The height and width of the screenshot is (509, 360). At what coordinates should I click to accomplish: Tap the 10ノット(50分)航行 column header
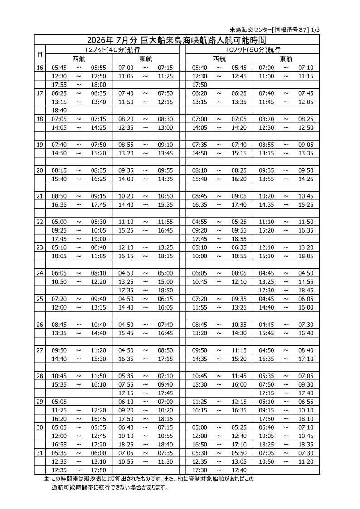[x=253, y=49]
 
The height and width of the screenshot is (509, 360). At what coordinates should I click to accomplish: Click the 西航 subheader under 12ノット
[x=79, y=59]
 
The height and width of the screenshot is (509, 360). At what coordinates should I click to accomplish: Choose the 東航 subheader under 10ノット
[x=286, y=59]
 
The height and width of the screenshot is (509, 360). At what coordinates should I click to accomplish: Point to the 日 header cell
[x=39, y=54]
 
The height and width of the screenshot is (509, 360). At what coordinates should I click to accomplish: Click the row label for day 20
[x=39, y=170]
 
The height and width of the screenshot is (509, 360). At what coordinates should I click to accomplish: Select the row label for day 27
[x=39, y=350]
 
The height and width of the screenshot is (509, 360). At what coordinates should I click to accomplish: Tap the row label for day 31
[x=39, y=453]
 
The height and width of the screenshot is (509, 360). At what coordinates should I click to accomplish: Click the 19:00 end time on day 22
[x=98, y=239]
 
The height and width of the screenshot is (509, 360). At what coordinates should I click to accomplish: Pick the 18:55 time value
[x=239, y=239]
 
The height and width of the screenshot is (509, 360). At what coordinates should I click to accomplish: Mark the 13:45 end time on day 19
[x=165, y=153]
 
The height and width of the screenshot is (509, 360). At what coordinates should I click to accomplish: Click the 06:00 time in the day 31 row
[x=98, y=453]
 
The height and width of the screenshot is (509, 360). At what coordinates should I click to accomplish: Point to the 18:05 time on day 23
[x=306, y=256]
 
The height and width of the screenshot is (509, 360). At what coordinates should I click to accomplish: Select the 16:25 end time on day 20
[x=98, y=179]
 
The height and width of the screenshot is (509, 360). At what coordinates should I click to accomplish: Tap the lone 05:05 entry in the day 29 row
[x=59, y=402]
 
